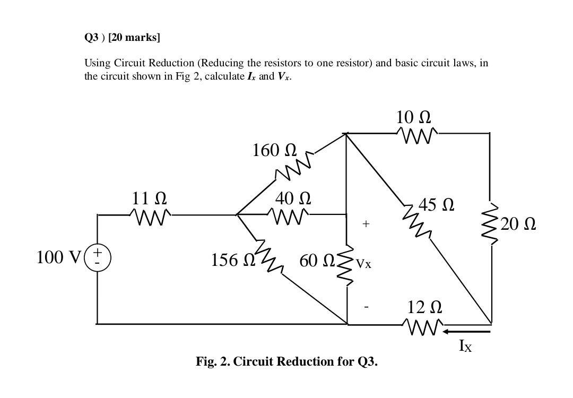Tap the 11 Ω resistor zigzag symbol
coord(150,215)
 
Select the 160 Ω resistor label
coord(274,150)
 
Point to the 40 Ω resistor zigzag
coord(289,215)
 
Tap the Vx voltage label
coord(363,263)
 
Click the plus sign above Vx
coord(366,224)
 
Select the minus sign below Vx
coord(366,306)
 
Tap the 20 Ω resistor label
coord(518,224)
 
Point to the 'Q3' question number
coord(91,37)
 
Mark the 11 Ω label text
coord(149,198)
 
